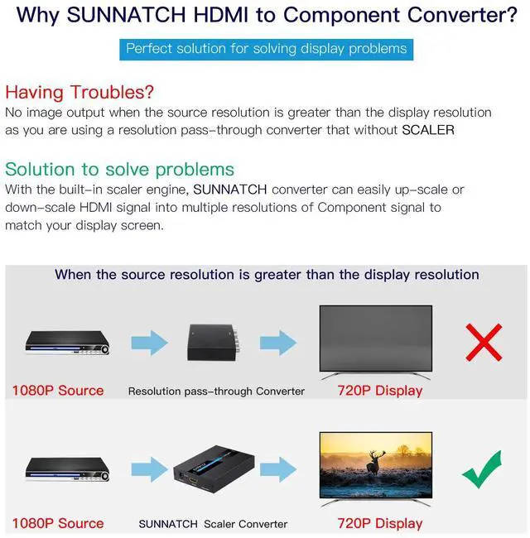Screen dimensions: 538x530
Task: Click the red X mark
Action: coord(484,343)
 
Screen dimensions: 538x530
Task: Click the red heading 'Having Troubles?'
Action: coord(79,92)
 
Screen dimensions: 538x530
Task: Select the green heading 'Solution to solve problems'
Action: coord(119,169)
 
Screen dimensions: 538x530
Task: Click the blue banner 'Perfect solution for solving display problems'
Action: coord(266,49)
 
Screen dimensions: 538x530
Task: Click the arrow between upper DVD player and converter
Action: coord(148,343)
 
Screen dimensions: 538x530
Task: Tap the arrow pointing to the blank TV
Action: coord(278,343)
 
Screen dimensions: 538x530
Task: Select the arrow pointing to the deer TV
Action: coord(278,469)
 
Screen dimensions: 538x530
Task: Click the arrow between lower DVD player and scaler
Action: coord(148,469)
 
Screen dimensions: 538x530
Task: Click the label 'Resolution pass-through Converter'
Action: coord(216,391)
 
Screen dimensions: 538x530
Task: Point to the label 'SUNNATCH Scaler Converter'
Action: coord(213,524)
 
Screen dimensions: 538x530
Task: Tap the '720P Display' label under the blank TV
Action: coord(379,390)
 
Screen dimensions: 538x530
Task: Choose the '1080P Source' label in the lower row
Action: coord(58,523)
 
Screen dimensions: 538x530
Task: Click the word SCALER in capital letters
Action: coord(427,130)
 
